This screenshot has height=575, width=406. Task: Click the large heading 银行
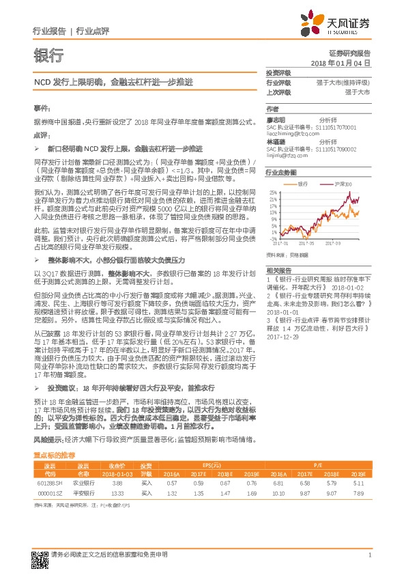point(48,54)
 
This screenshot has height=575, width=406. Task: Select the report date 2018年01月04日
point(340,62)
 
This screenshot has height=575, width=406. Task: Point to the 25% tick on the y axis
point(272,193)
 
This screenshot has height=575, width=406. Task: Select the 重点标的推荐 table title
point(59,455)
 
